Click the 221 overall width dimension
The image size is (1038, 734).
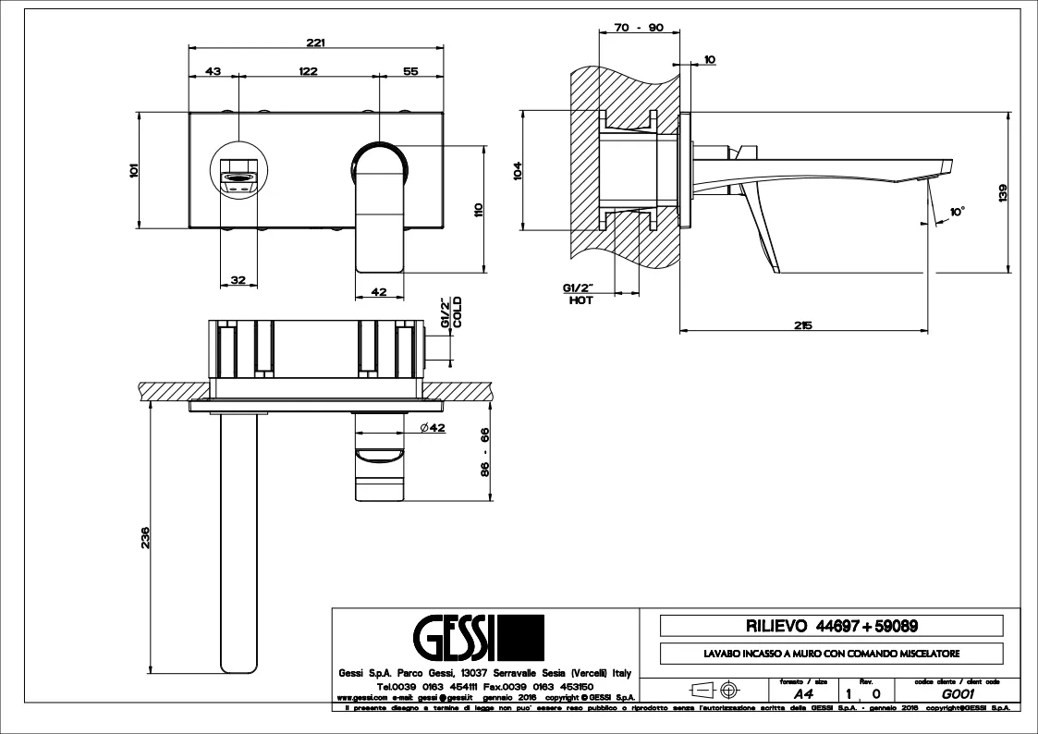[316, 42]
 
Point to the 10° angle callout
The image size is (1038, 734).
[956, 212]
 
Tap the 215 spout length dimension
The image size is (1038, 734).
[802, 324]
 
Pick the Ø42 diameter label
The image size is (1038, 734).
[432, 427]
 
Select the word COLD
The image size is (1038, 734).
[457, 314]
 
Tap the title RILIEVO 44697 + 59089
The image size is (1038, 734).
[831, 626]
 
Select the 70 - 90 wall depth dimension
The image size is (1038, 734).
[639, 28]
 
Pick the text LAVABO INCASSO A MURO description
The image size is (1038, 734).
[831, 654]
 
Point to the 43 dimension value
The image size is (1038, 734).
[213, 71]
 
